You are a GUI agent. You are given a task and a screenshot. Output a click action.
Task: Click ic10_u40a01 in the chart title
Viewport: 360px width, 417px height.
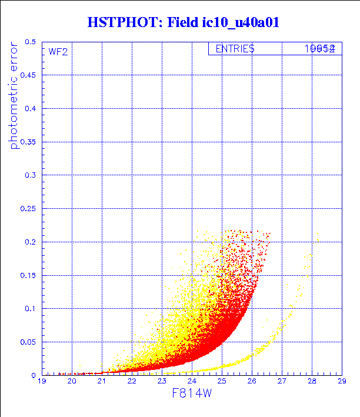pyautogui.click(x=235, y=22)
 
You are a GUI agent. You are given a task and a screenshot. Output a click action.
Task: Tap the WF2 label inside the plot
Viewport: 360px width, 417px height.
pyautogui.click(x=58, y=51)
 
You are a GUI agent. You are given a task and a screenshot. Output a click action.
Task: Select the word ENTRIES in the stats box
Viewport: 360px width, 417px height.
pyautogui.click(x=235, y=49)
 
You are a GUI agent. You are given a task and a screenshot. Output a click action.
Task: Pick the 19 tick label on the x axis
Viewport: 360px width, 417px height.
pyautogui.click(x=42, y=382)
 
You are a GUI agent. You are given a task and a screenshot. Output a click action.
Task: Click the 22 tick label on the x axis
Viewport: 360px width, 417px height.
pyautogui.click(x=132, y=382)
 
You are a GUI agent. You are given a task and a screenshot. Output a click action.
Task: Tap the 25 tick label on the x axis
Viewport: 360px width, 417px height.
pyautogui.click(x=222, y=382)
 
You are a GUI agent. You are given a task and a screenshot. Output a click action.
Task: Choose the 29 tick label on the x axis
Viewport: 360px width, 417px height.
pyautogui.click(x=341, y=382)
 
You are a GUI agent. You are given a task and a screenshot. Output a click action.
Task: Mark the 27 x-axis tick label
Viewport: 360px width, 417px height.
pyautogui.click(x=282, y=382)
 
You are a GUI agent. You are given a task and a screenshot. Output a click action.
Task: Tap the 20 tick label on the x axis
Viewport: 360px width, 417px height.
pyautogui.click(x=72, y=382)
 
